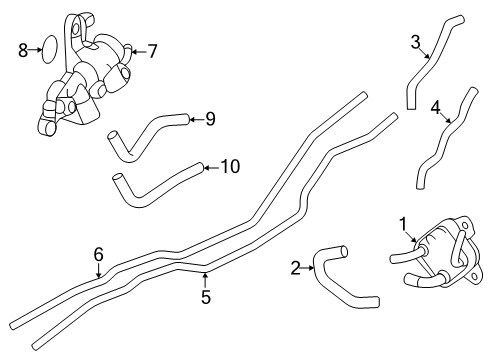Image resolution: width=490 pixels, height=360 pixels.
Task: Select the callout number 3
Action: click(x=414, y=42)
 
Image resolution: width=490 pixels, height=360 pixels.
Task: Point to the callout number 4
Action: click(x=435, y=107)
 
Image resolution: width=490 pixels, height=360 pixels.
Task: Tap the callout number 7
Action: click(x=152, y=49)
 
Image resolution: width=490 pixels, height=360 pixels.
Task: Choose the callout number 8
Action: click(x=23, y=49)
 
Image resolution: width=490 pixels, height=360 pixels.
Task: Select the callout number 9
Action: click(x=209, y=119)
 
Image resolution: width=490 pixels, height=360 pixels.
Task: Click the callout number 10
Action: click(x=229, y=166)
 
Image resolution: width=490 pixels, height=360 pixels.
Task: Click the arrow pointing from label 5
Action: click(x=204, y=279)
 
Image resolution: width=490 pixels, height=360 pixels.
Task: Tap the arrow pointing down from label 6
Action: click(x=98, y=271)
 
